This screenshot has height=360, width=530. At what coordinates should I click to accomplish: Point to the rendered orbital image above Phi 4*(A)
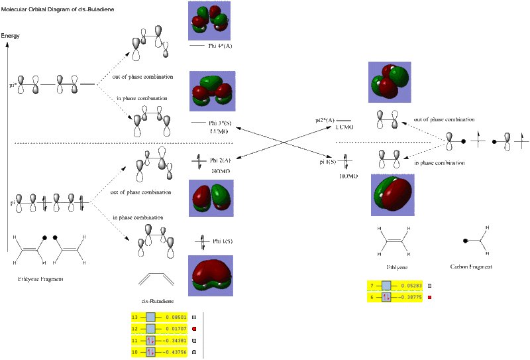click(209, 21)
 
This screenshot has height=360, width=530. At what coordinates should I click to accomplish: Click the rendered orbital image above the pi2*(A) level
click(390, 82)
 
